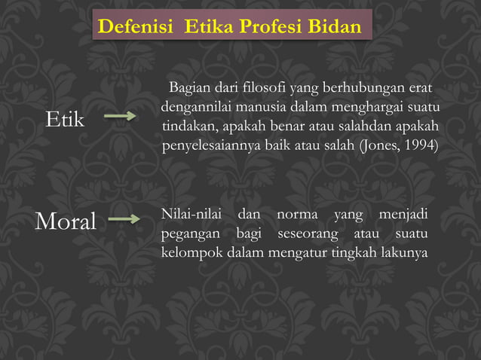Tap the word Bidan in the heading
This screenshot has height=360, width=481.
click(335, 27)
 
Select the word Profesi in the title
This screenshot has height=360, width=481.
click(271, 27)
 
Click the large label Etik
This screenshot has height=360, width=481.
click(65, 118)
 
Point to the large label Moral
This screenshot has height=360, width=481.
click(66, 221)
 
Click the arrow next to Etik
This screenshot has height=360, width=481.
click(119, 117)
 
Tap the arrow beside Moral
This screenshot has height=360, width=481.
click(124, 220)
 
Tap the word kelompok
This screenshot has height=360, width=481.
click(192, 252)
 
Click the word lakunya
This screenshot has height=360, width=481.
click(404, 252)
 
